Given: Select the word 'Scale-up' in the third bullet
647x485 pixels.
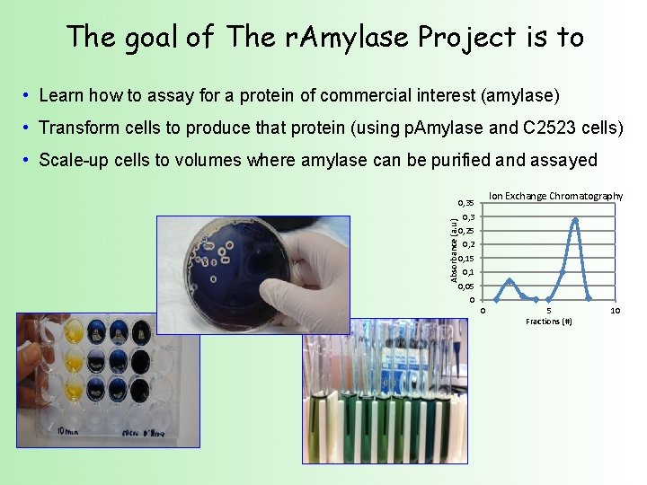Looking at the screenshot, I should pyautogui.click(x=74, y=160).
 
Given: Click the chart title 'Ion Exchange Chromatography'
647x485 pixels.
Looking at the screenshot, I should pyautogui.click(x=555, y=196).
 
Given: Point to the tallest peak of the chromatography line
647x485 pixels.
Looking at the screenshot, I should pyautogui.click(x=575, y=219).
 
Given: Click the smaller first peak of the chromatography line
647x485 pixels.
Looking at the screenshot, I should pyautogui.click(x=510, y=280).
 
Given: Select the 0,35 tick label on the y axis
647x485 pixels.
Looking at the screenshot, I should pyautogui.click(x=465, y=203).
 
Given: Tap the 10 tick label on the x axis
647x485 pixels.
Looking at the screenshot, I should pyautogui.click(x=615, y=311).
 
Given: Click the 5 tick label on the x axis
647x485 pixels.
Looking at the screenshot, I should pyautogui.click(x=549, y=311).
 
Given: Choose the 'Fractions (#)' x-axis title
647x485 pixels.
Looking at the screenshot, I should pyautogui.click(x=548, y=322).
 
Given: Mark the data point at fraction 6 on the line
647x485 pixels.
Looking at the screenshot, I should pyautogui.click(x=562, y=271).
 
